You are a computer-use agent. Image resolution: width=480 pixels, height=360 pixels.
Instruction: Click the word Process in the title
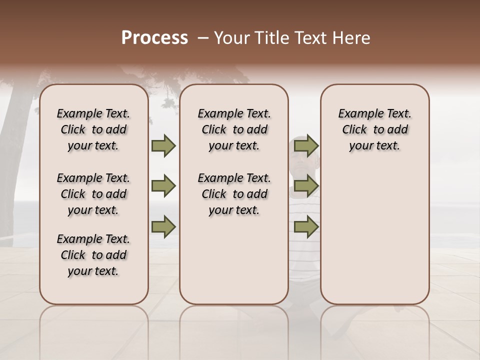pyautogui.click(x=154, y=38)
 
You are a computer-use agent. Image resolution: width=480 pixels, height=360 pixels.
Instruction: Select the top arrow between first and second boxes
pyautogui.click(x=163, y=146)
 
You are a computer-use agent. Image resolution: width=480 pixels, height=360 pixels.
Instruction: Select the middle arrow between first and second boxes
pyautogui.click(x=163, y=186)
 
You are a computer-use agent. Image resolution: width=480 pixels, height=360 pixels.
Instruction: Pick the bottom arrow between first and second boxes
pyautogui.click(x=163, y=226)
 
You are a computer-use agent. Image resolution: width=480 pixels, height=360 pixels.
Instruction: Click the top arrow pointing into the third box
pyautogui.click(x=306, y=146)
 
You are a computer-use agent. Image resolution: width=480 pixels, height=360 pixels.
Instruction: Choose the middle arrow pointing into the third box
pyautogui.click(x=306, y=186)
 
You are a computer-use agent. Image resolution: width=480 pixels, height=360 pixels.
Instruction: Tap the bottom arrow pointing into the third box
pyautogui.click(x=306, y=226)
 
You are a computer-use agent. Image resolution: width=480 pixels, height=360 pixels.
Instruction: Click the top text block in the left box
pyautogui.click(x=93, y=129)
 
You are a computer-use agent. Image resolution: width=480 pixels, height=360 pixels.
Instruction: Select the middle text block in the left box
pyautogui.click(x=93, y=194)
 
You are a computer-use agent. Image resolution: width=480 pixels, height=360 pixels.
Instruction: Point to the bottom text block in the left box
pyautogui.click(x=93, y=255)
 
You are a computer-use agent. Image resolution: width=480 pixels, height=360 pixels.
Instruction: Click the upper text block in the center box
pyautogui.click(x=234, y=129)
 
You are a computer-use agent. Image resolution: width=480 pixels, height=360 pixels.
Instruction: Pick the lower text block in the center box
pyautogui.click(x=234, y=194)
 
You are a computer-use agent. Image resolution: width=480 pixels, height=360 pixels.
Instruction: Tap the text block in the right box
pyautogui.click(x=375, y=129)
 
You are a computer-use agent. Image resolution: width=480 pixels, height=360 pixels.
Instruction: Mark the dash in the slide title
pyautogui.click(x=203, y=38)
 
